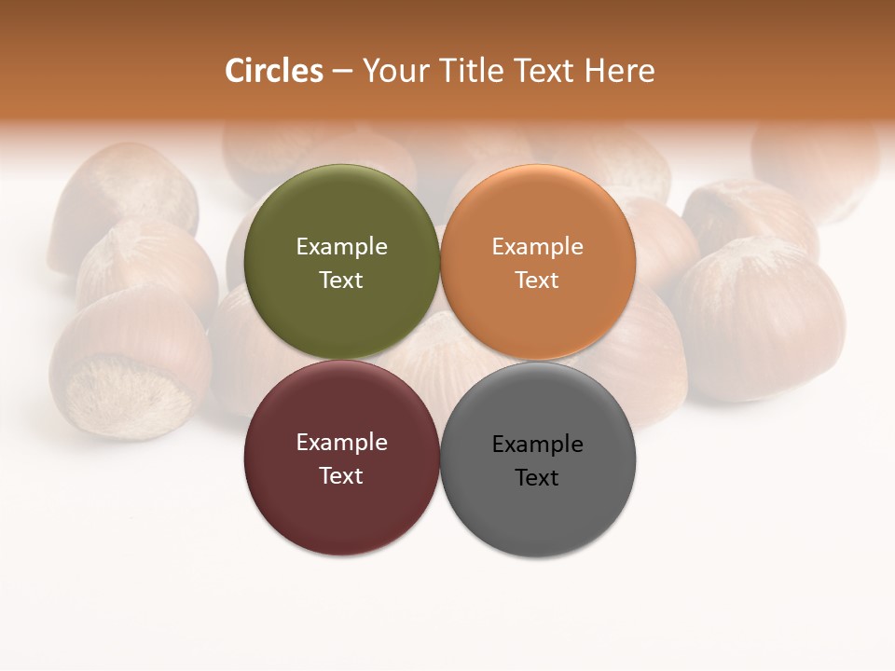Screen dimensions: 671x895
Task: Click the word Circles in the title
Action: pos(274,71)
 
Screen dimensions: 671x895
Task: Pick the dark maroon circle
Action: pos(341,517)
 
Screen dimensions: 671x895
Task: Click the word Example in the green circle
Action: pos(341,247)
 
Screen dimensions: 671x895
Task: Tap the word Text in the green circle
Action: pos(341,281)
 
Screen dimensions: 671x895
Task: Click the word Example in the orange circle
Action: pos(538,247)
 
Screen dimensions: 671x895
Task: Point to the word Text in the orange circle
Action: pos(538,281)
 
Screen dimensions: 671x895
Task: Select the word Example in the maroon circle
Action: pos(341,443)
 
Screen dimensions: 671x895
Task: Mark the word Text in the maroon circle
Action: pos(341,476)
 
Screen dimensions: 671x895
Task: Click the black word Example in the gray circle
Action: pos(538,445)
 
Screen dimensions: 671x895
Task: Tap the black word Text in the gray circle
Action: pos(538,478)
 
